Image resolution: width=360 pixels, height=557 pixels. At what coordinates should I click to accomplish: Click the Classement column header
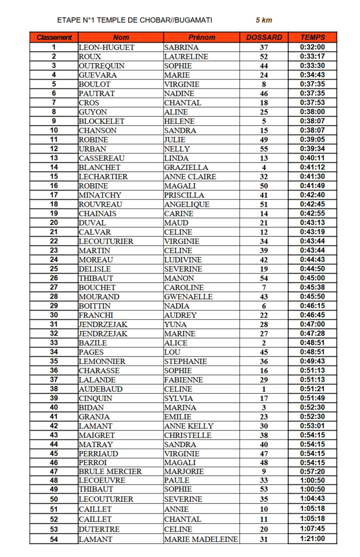pos(54,37)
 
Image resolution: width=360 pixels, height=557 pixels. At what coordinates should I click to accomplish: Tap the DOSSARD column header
pos(264,37)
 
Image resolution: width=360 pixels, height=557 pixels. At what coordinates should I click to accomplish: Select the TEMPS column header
pos(312,37)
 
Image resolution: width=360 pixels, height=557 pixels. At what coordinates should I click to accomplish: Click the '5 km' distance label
pos(264,20)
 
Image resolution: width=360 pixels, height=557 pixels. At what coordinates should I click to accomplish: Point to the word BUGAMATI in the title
pos(193,20)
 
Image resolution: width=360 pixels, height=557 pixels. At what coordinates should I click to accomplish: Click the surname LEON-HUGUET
pos(106,47)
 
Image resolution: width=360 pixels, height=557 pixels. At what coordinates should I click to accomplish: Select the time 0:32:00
pos(312,47)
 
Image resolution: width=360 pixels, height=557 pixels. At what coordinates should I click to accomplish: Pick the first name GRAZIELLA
pos(186,167)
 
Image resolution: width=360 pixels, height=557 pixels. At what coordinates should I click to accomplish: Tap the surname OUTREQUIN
pos(102,66)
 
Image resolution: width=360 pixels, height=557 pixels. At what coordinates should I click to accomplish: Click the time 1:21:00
pos(312,539)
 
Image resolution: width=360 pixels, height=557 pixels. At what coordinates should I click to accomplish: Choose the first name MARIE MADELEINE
pos(201,539)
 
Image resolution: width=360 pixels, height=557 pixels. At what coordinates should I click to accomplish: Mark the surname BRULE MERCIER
pos(110,471)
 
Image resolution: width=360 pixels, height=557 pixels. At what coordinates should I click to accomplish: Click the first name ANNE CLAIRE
pos(190,176)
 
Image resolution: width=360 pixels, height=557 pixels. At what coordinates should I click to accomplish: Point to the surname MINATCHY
pos(100,195)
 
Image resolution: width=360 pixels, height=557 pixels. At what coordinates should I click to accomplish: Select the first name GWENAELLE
pos(188,297)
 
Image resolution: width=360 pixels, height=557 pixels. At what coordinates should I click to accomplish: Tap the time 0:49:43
pos(312,361)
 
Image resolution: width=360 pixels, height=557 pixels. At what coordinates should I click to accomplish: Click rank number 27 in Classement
pos(54,287)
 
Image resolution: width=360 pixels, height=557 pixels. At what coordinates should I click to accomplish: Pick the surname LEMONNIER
pos(102,361)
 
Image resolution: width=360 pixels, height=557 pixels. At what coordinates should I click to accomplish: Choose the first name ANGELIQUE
pos(187,204)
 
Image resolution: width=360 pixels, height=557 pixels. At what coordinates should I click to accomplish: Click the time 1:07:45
pos(312,528)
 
